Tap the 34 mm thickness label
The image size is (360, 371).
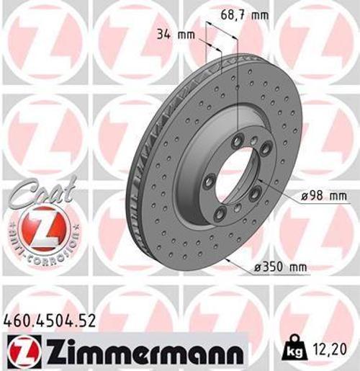[x=174, y=33]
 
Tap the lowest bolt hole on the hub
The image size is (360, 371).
[x=237, y=209]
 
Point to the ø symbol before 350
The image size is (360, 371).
[x=258, y=268]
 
